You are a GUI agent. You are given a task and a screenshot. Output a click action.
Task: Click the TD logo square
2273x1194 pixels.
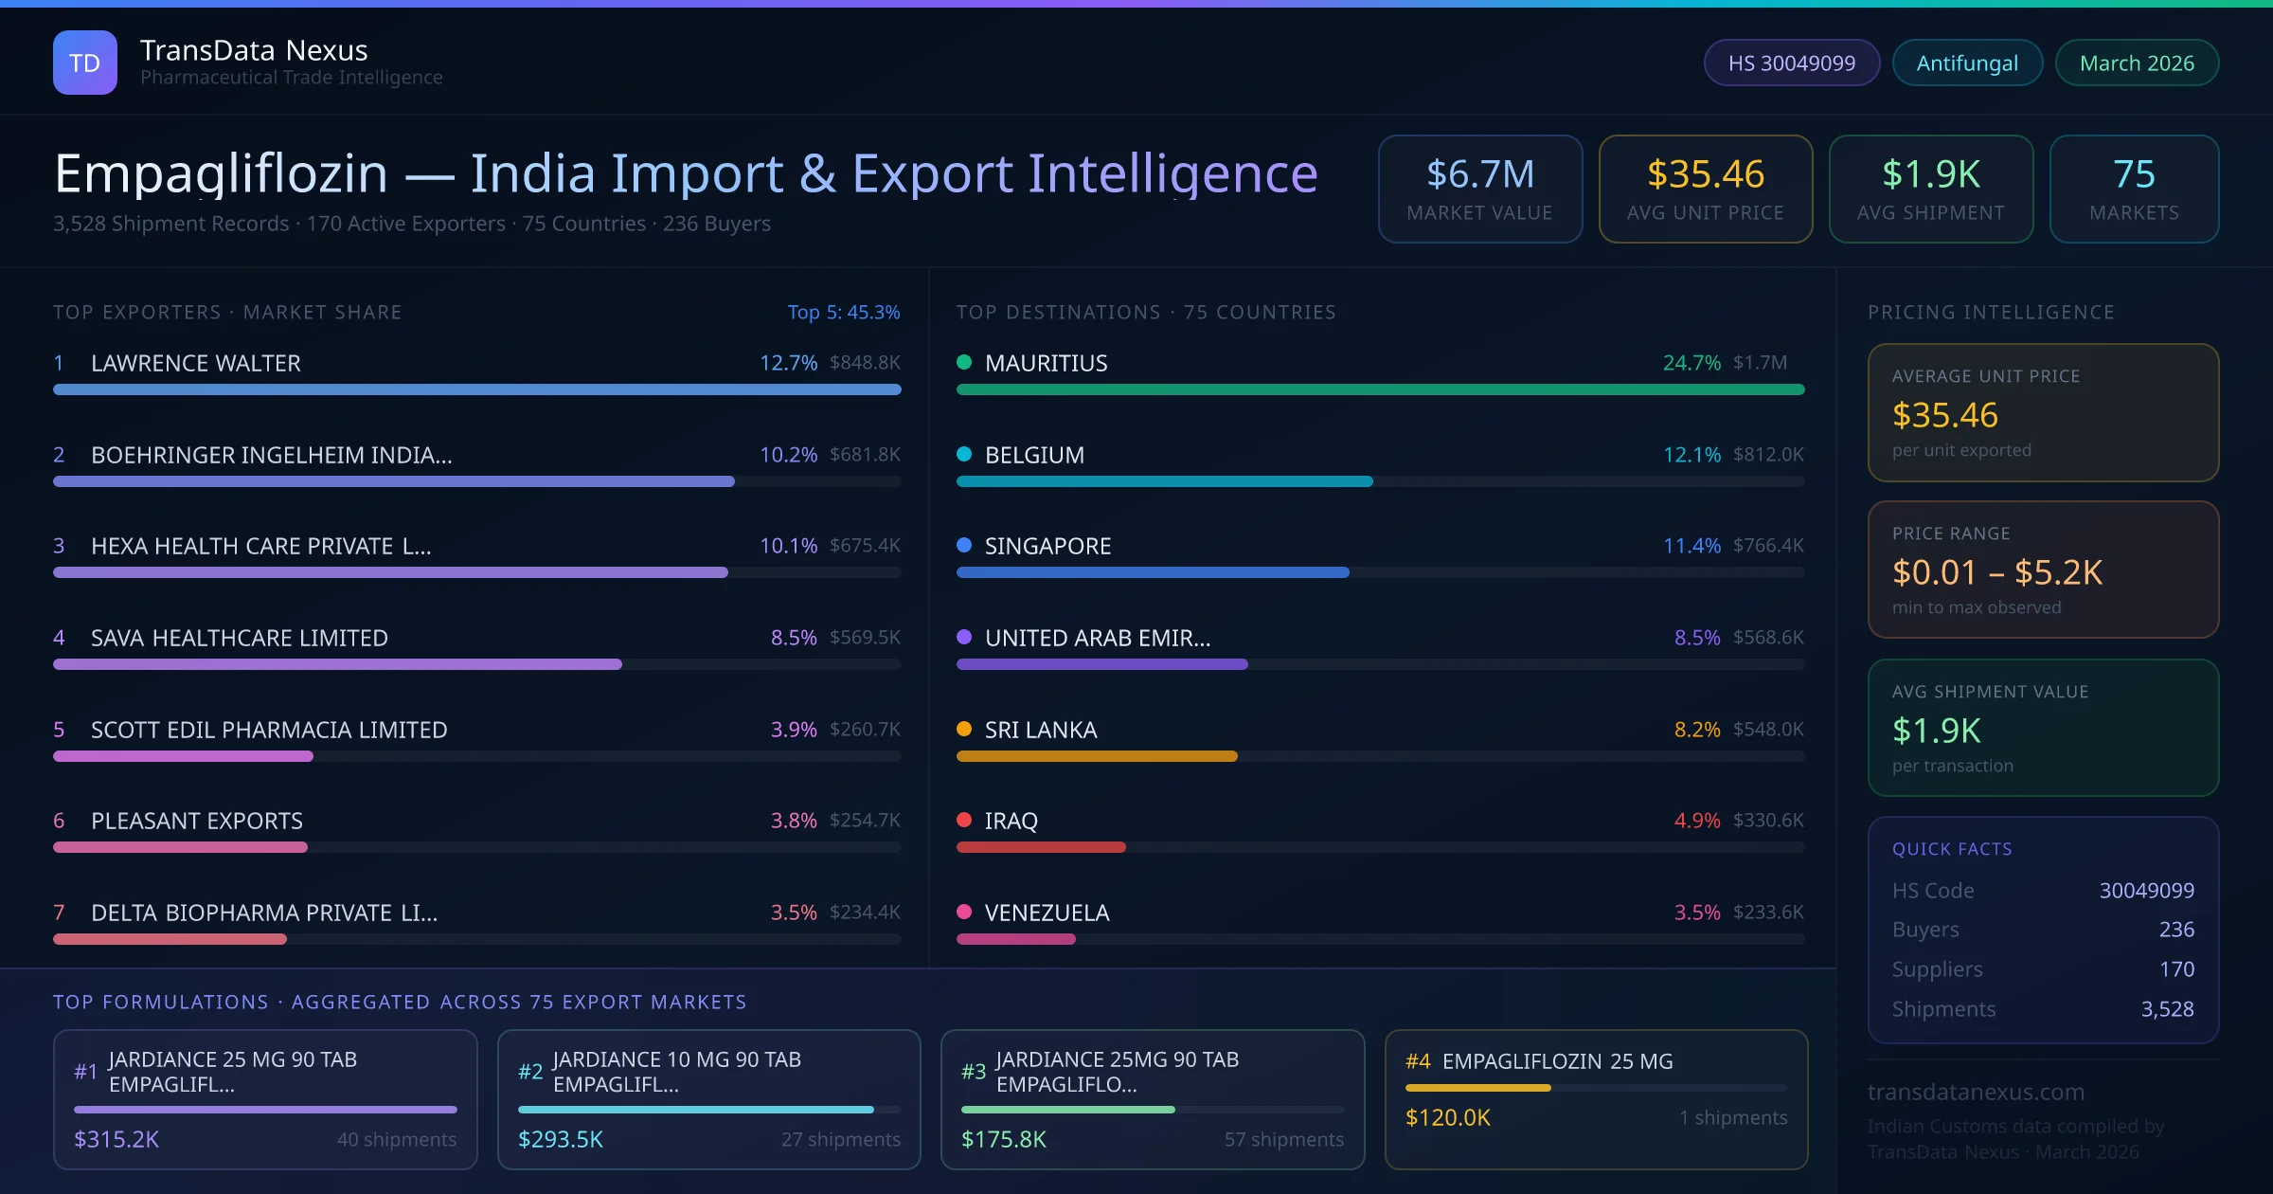coord(84,63)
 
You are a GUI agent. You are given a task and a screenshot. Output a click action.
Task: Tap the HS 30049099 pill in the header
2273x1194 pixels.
coord(1791,63)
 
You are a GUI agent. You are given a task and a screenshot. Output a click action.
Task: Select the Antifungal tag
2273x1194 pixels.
coord(1966,63)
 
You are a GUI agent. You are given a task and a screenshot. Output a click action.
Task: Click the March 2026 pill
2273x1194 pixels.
coord(2136,63)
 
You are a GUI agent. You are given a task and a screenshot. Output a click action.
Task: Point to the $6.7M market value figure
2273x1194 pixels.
coord(1479,174)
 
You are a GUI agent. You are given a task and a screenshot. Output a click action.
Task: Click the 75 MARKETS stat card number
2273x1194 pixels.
coord(2133,174)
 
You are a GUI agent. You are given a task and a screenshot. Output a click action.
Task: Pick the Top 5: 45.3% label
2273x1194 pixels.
coord(843,312)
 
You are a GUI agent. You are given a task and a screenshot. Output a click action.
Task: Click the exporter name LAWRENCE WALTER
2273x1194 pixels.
coord(195,363)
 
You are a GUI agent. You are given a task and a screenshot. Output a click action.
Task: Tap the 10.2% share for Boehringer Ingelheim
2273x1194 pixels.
coord(787,455)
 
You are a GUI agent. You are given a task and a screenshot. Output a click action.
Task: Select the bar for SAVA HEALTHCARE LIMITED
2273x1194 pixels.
coord(337,664)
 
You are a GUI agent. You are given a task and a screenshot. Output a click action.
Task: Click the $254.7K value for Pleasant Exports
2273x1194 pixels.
coord(864,821)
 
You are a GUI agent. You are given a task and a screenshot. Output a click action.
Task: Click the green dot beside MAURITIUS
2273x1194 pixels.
coord(964,362)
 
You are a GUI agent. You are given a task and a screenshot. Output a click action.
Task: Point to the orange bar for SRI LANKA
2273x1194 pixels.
coord(1096,756)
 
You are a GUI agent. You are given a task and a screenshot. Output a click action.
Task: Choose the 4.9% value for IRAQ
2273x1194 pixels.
coord(1696,821)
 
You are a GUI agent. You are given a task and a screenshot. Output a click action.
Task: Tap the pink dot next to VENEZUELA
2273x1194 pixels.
coord(964,912)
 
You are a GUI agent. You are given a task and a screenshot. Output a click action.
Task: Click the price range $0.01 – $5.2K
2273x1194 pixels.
coord(1996,572)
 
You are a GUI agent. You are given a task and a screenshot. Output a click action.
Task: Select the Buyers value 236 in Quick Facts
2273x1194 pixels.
coord(2175,930)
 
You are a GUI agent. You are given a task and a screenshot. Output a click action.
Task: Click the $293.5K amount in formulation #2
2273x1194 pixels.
coord(560,1139)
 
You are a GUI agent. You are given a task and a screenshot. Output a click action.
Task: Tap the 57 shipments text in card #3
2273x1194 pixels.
coord(1283,1139)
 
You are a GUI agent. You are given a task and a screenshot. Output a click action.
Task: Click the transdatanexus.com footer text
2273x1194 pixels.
coord(1975,1092)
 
